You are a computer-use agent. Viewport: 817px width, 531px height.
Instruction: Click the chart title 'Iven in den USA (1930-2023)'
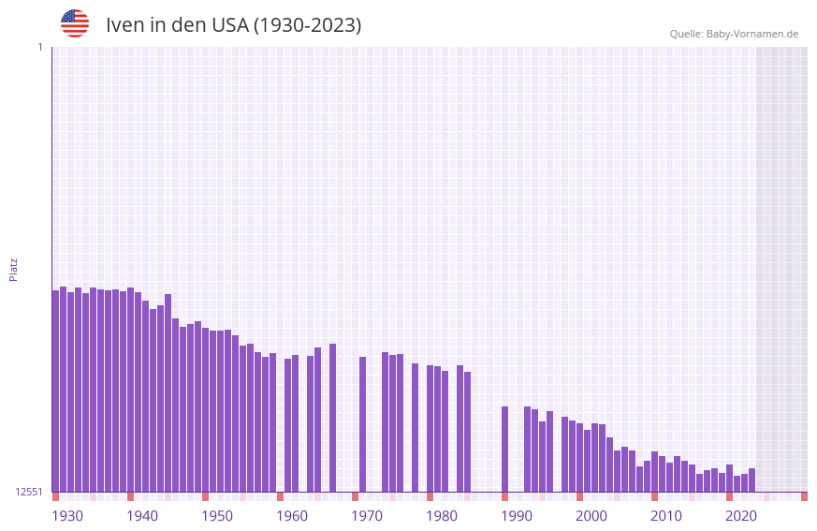[x=233, y=25]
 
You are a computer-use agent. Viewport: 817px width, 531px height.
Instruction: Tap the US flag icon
[x=75, y=23]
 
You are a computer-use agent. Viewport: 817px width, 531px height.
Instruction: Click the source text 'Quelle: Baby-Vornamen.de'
[x=734, y=34]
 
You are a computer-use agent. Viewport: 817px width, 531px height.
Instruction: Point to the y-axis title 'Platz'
[x=13, y=269]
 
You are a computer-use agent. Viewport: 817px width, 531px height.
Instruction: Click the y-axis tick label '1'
[x=39, y=47]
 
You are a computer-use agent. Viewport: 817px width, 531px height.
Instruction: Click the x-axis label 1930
[x=67, y=516]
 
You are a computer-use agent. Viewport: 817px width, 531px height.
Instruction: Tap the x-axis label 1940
[x=142, y=516]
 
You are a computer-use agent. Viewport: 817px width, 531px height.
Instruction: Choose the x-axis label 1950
[x=217, y=516]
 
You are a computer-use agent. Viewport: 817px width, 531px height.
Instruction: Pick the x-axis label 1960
[x=292, y=516]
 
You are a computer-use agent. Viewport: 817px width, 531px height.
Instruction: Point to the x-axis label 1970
[x=367, y=516]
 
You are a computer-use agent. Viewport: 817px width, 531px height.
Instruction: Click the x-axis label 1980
[x=442, y=516]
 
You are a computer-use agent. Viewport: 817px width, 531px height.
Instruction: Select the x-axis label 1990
[x=517, y=516]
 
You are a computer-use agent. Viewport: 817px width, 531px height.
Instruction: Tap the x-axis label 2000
[x=591, y=516]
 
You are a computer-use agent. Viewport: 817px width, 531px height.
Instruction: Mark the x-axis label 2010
[x=666, y=516]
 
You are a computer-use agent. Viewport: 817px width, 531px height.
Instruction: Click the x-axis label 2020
[x=741, y=516]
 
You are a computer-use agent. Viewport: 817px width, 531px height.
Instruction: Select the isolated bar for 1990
[x=504, y=449]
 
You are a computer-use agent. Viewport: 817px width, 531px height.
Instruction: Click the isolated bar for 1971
[x=362, y=424]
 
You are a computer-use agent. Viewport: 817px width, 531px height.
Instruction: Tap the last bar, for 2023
[x=751, y=479]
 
